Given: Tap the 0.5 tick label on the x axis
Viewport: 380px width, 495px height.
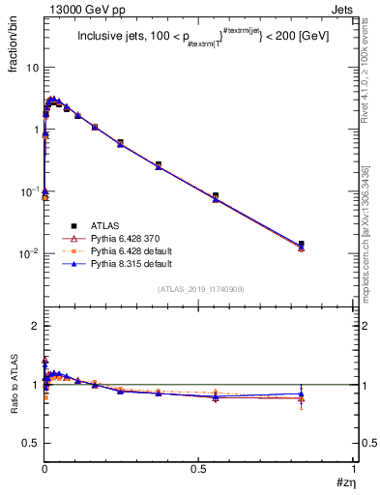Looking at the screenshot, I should tap(198, 469).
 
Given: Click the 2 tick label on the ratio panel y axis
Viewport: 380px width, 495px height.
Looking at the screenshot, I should tap(36, 326).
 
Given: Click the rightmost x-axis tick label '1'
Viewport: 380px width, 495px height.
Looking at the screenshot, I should tap(354, 469).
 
